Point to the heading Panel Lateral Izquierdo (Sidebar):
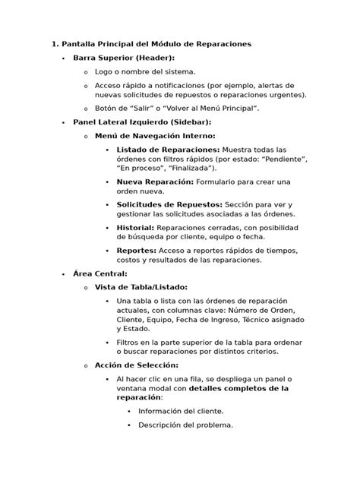pyautogui.click(x=141, y=122)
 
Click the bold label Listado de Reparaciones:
pyautogui.click(x=168, y=149)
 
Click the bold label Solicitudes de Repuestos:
pyautogui.click(x=169, y=205)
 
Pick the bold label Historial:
pyautogui.click(x=135, y=228)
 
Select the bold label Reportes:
pyautogui.click(x=136, y=250)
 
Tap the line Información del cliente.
pyautogui.click(x=180, y=411)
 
